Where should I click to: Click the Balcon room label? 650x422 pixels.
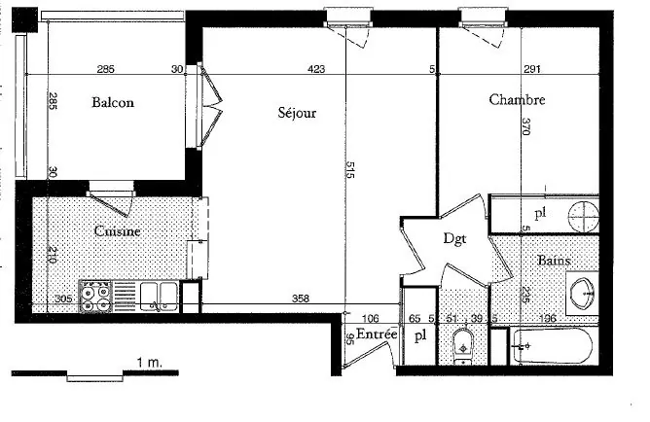pos(113,103)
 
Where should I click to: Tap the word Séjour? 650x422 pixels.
pos(298,113)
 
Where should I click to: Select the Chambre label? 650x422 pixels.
pos(517,99)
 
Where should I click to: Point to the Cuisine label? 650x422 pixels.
pos(118,231)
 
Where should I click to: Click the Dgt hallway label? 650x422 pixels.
pos(455,237)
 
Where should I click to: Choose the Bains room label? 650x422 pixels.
pos(554,261)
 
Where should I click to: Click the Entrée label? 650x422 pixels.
pos(376,334)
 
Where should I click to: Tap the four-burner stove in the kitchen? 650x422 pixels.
pos(95,295)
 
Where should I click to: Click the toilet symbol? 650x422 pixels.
pos(463,343)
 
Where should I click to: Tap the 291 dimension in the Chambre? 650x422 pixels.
pos(532,69)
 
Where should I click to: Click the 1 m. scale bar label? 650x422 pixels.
pos(149,361)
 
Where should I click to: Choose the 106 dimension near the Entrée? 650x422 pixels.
pos(370,318)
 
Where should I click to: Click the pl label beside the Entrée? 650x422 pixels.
pos(419,336)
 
